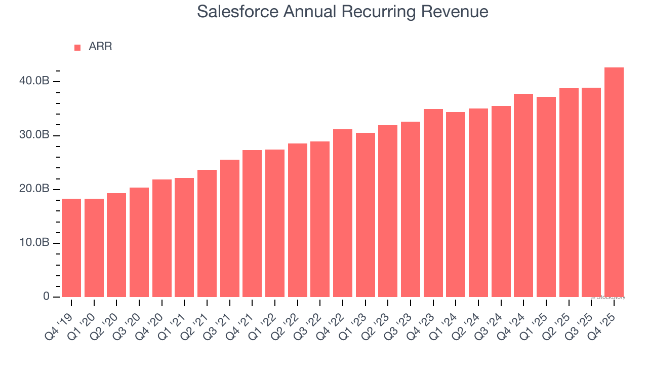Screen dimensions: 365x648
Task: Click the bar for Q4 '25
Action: click(x=614, y=182)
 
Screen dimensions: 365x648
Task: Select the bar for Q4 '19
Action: click(x=71, y=248)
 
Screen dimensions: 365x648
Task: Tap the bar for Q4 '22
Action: click(x=343, y=213)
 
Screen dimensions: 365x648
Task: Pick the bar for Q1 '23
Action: click(x=365, y=215)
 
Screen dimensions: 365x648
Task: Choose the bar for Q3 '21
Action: click(x=229, y=229)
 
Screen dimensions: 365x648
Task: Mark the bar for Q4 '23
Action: click(x=433, y=203)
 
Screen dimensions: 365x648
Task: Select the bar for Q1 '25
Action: click(x=546, y=197)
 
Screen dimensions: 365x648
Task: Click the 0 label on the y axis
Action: click(x=46, y=297)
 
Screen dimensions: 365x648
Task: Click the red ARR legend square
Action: click(x=77, y=48)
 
